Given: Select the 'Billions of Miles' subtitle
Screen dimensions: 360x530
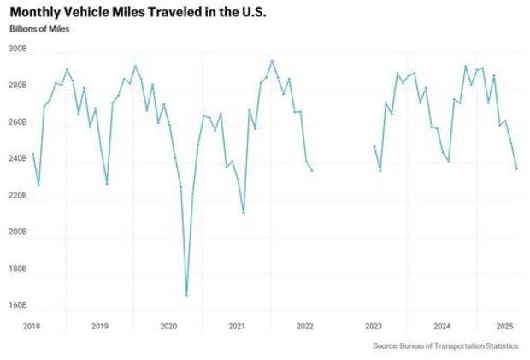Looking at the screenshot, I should [x=39, y=29].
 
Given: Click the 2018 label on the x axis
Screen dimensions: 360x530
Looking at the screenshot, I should [x=32, y=326].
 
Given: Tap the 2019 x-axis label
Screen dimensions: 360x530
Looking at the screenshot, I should [x=100, y=326].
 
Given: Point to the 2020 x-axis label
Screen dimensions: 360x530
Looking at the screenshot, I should [x=168, y=326].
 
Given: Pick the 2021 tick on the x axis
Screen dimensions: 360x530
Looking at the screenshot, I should [x=237, y=326].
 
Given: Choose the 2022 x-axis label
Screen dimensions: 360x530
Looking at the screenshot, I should [x=305, y=326].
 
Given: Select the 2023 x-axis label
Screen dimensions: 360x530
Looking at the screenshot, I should [x=374, y=326].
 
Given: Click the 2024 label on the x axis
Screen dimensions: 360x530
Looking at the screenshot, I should [x=442, y=326].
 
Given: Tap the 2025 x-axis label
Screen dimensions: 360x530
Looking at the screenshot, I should [x=504, y=326].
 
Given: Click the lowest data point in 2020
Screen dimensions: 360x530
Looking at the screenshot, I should [x=186, y=295].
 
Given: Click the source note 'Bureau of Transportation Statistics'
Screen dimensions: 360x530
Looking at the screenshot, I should [x=445, y=346].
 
